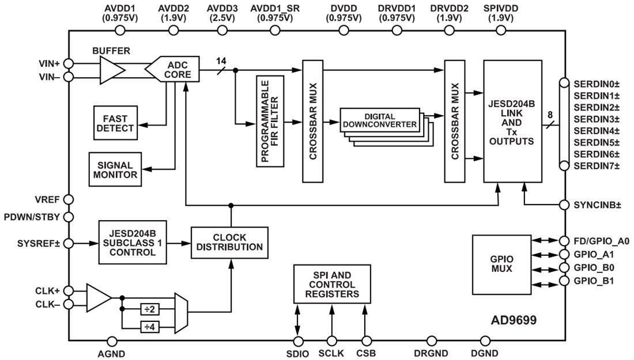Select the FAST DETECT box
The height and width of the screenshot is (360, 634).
[x=115, y=123]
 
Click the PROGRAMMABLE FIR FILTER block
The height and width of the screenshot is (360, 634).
[x=270, y=120]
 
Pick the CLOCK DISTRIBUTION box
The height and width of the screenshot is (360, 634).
[x=229, y=242]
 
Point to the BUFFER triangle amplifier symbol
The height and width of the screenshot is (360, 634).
[x=111, y=70]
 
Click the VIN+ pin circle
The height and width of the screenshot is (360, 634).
[x=69, y=63]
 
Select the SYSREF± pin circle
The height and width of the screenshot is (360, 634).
[x=69, y=244]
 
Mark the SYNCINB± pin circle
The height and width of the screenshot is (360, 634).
[x=565, y=205]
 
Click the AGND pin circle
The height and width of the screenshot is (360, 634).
[x=112, y=342]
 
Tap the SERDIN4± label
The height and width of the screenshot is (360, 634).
[x=596, y=130]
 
